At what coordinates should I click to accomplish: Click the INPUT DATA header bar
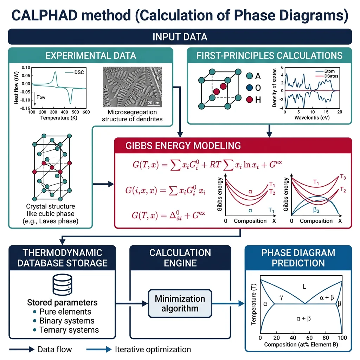tap(180, 37)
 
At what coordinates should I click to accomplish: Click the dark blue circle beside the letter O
tap(249, 88)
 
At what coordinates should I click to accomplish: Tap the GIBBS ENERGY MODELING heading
tap(183, 146)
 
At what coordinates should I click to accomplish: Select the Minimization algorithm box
tap(180, 303)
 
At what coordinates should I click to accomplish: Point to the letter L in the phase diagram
tap(304, 287)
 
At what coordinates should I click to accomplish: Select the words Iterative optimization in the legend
tap(153, 349)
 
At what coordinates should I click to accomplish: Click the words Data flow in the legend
tap(54, 349)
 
